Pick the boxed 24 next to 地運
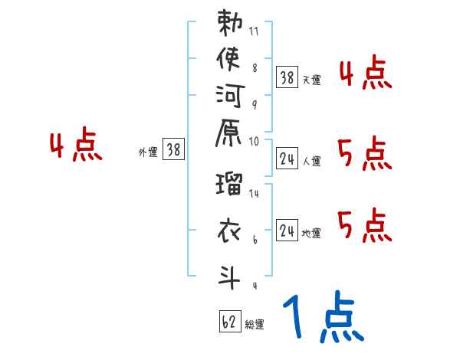click(x=287, y=230)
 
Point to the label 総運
click(x=255, y=325)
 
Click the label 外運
click(x=148, y=152)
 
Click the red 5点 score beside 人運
click(x=365, y=155)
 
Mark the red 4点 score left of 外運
click(x=75, y=146)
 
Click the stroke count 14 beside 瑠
click(x=254, y=194)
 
